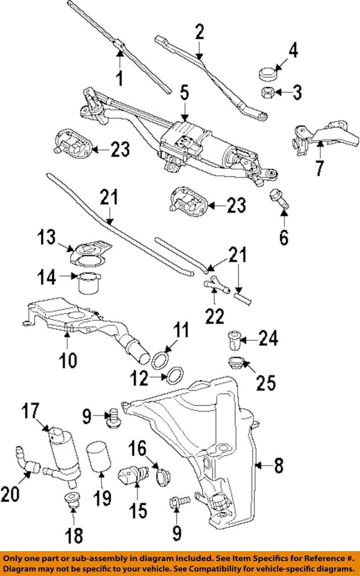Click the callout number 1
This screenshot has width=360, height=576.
pyautogui.click(x=119, y=78)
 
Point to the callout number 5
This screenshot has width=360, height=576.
pyautogui.click(x=184, y=93)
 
